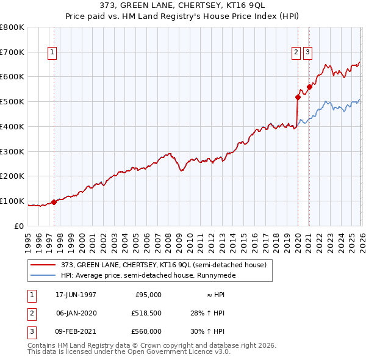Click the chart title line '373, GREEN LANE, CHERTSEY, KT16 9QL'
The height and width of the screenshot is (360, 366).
183,5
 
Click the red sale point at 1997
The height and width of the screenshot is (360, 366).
54,202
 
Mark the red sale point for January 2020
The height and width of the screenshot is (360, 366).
298,97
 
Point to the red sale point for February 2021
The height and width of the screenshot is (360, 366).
309,87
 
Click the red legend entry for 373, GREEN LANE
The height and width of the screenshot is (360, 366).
163,265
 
